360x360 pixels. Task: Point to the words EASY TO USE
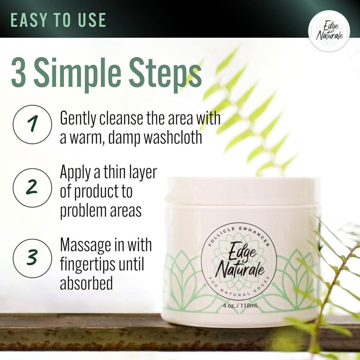point(58,20)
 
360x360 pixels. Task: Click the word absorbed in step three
point(86,284)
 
